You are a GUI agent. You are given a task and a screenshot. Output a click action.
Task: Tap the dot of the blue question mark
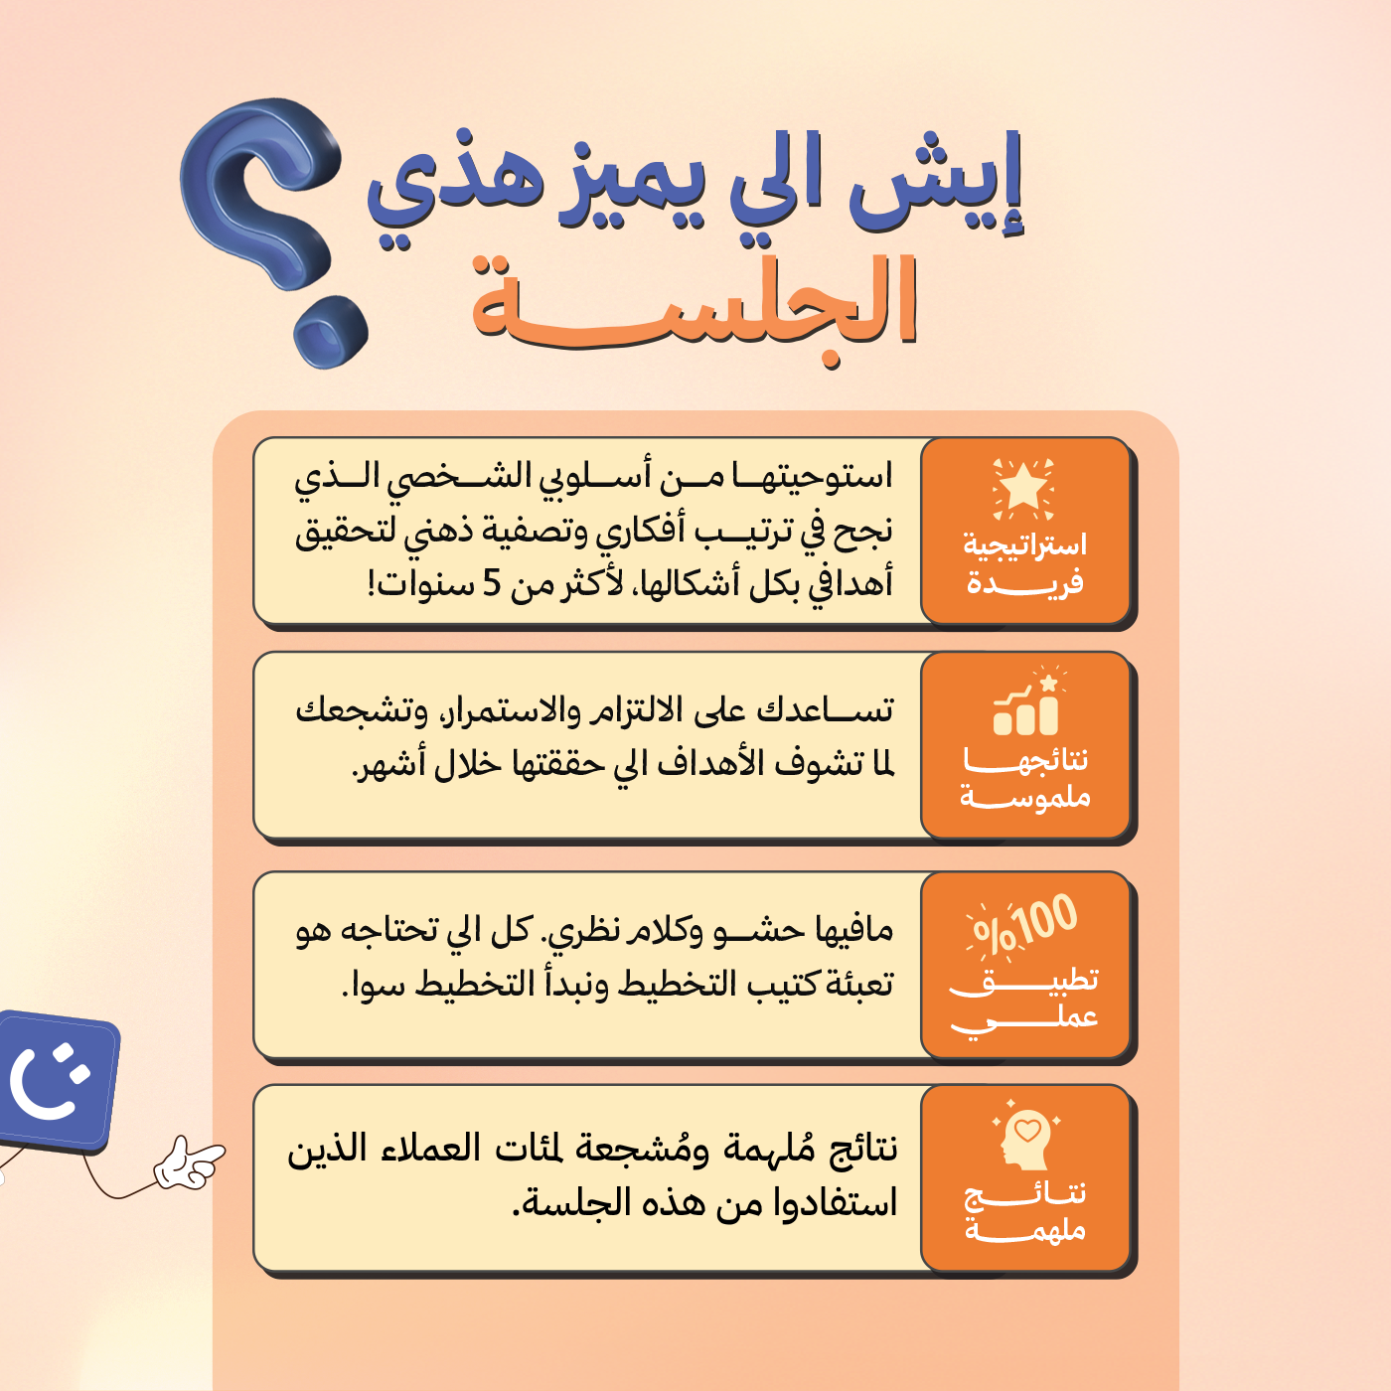click(330, 331)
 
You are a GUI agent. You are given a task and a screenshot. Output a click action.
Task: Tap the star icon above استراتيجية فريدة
click(1023, 489)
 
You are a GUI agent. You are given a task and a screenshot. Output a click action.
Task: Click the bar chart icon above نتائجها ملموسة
click(1025, 702)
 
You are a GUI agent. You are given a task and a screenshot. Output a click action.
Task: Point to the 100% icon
click(1022, 928)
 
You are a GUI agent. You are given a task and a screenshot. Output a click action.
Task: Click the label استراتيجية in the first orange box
click(1024, 544)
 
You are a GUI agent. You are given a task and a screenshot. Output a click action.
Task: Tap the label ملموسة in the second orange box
click(1024, 797)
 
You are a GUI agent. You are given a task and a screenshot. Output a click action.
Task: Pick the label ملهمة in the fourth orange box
click(1025, 1229)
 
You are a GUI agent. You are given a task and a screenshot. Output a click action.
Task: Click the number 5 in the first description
click(492, 583)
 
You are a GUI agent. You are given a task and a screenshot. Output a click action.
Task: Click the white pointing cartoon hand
click(189, 1162)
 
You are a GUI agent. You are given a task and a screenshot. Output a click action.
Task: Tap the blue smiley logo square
click(57, 1080)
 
